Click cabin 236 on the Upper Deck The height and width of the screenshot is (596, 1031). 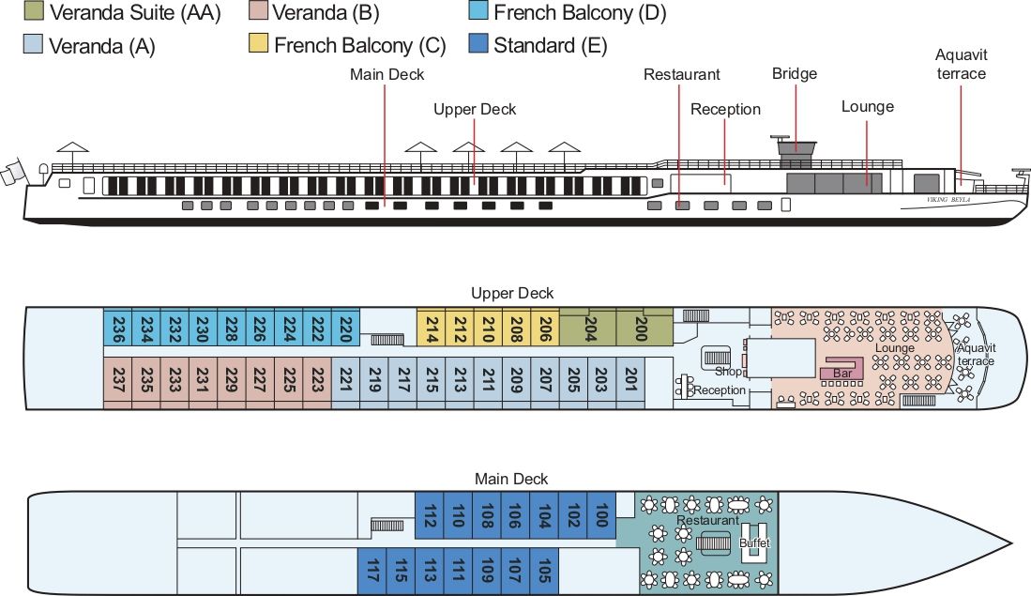pos(118,329)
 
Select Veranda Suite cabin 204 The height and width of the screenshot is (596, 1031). pos(589,329)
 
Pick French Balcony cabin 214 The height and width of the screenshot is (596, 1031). pos(432,329)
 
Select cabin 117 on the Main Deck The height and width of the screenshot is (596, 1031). pos(372,569)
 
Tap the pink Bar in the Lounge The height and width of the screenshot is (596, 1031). pos(841,374)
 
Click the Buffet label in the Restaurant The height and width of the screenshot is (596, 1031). pos(753,543)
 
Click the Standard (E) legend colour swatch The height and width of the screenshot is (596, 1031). pos(478,44)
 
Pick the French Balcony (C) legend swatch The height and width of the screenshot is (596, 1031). pos(259,44)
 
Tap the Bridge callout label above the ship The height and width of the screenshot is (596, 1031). pos(795,74)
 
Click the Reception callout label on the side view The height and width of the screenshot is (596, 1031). pos(725,110)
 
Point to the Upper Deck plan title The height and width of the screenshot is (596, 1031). pos(512,294)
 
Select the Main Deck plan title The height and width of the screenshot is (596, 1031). pos(511,479)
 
